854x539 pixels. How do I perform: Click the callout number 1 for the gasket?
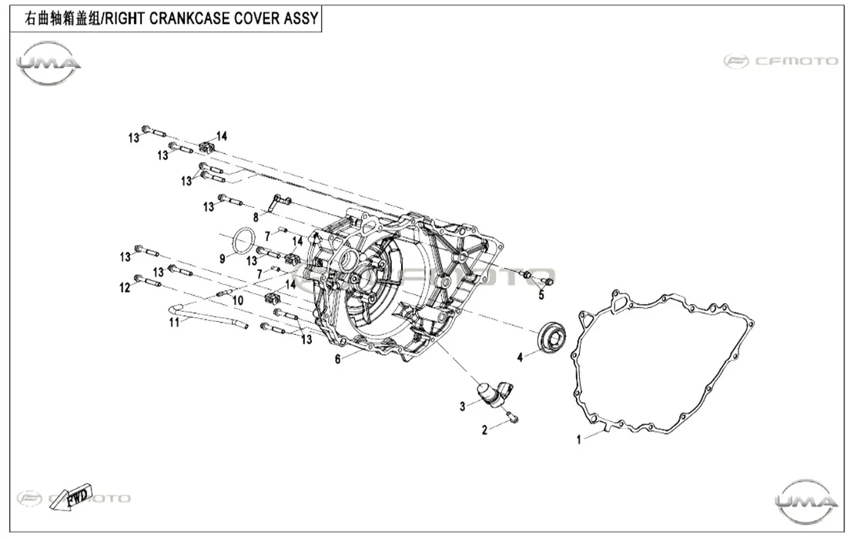[579, 440]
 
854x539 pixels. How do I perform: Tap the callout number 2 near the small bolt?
[484, 430]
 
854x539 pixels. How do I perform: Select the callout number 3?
[462, 406]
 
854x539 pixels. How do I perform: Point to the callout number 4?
[520, 358]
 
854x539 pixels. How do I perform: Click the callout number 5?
[541, 296]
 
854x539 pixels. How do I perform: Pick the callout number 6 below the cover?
[338, 359]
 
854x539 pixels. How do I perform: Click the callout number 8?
[256, 218]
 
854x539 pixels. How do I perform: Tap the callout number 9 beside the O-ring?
[223, 259]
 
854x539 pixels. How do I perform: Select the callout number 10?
[238, 300]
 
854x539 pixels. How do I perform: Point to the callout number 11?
[174, 323]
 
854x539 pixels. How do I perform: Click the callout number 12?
[126, 287]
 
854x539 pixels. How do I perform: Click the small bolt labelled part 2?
[513, 417]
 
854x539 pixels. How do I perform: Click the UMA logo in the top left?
[49, 63]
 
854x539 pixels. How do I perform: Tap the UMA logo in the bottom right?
[806, 501]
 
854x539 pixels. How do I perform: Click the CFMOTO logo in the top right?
[781, 61]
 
